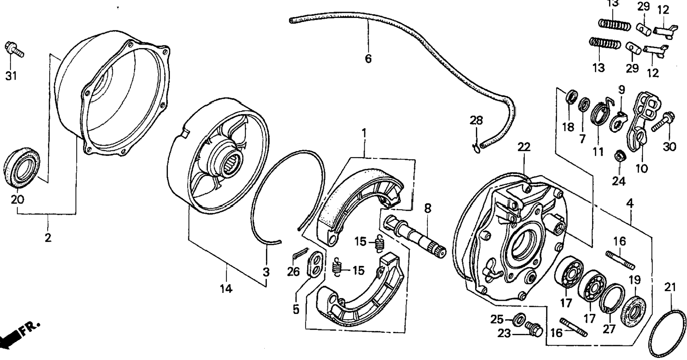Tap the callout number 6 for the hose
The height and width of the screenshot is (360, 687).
coord(368,59)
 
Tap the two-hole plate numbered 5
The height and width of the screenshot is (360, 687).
coord(315,265)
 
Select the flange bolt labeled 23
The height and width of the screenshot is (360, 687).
coord(533,328)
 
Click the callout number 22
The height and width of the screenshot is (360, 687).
coord(523,147)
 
